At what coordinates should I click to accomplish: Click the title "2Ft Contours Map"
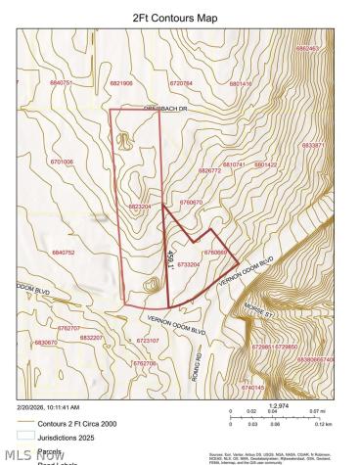pyautogui.click(x=180, y=17)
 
